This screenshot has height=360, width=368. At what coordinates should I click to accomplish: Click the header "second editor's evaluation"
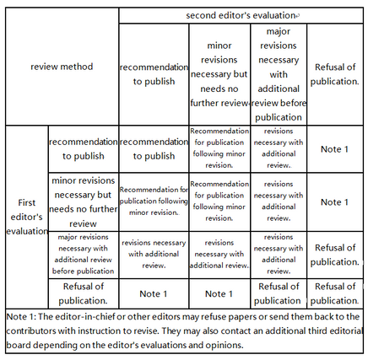pyautogui.click(x=241, y=15)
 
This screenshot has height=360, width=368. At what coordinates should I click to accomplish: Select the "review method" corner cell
pyautogui.click(x=62, y=67)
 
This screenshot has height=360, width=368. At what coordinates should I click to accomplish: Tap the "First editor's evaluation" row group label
pyautogui.click(x=27, y=217)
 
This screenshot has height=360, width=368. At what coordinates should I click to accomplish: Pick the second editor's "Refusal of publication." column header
pyautogui.click(x=335, y=74)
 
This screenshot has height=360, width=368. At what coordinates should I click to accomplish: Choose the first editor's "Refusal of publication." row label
pyautogui.click(x=84, y=293)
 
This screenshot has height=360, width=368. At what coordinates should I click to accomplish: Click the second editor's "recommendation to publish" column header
pyautogui.click(x=154, y=74)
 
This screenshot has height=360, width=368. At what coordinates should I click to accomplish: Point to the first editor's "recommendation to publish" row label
pyautogui.click(x=84, y=148)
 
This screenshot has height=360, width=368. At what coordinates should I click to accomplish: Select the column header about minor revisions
pyautogui.click(x=219, y=74)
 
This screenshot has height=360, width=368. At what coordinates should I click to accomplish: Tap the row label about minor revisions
pyautogui.click(x=84, y=201)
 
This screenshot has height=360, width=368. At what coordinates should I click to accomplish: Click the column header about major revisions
pyautogui.click(x=279, y=74)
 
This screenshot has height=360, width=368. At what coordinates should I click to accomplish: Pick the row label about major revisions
pyautogui.click(x=84, y=254)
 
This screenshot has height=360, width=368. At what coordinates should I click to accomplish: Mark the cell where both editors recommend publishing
pyautogui.click(x=154, y=148)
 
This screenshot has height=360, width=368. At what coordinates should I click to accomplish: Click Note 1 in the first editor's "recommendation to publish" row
pyautogui.click(x=335, y=149)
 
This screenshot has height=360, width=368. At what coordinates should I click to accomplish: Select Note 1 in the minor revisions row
pyautogui.click(x=335, y=201)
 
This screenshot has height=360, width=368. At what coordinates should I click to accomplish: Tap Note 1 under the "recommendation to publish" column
pyautogui.click(x=154, y=293)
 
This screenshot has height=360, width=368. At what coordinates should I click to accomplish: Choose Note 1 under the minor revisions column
pyautogui.click(x=219, y=293)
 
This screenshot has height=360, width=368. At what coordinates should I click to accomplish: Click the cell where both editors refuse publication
pyautogui.click(x=335, y=293)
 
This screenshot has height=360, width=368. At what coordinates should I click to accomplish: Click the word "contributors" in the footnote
pyautogui.click(x=31, y=330)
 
